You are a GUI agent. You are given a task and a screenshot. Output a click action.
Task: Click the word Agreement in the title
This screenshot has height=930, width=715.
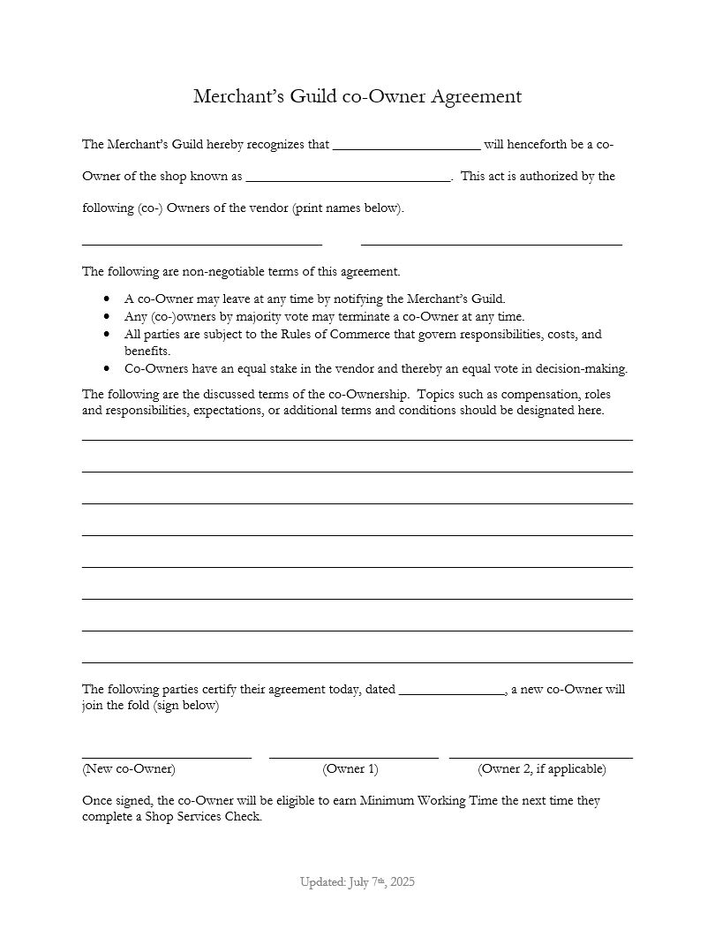pos(476,96)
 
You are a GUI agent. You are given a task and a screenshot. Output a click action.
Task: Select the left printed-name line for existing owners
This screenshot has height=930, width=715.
pos(202,243)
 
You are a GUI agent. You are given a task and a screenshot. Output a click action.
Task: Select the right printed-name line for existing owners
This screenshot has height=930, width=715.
pos(492,243)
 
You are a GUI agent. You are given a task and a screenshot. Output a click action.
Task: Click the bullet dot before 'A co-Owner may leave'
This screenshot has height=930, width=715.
pos(107,299)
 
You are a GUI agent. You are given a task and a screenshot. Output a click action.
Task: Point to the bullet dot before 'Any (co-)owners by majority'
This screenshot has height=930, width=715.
pos(107,316)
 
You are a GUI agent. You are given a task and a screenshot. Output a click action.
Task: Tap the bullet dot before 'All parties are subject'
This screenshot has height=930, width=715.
pos(107,335)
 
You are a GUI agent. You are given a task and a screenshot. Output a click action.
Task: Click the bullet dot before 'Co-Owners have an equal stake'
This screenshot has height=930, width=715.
pos(107,368)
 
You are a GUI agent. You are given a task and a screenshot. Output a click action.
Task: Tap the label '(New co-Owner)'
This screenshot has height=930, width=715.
pos(129,768)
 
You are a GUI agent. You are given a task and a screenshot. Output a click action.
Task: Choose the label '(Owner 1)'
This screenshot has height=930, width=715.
pos(350,768)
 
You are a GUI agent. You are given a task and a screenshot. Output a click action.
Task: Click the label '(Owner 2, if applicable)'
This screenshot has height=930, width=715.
pos(542,768)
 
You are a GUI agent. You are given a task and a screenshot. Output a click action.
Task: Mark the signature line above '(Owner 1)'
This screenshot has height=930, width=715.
pos(353,757)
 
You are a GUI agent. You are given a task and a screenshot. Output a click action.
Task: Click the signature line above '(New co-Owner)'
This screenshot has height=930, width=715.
pos(167,757)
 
